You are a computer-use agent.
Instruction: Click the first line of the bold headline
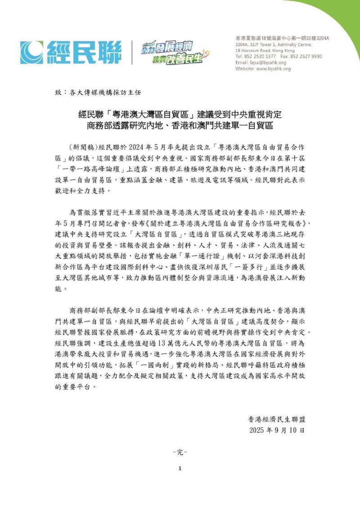pos(180,114)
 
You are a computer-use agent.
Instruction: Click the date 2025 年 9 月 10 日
pos(279,429)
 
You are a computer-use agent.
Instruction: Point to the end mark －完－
pos(180,452)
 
